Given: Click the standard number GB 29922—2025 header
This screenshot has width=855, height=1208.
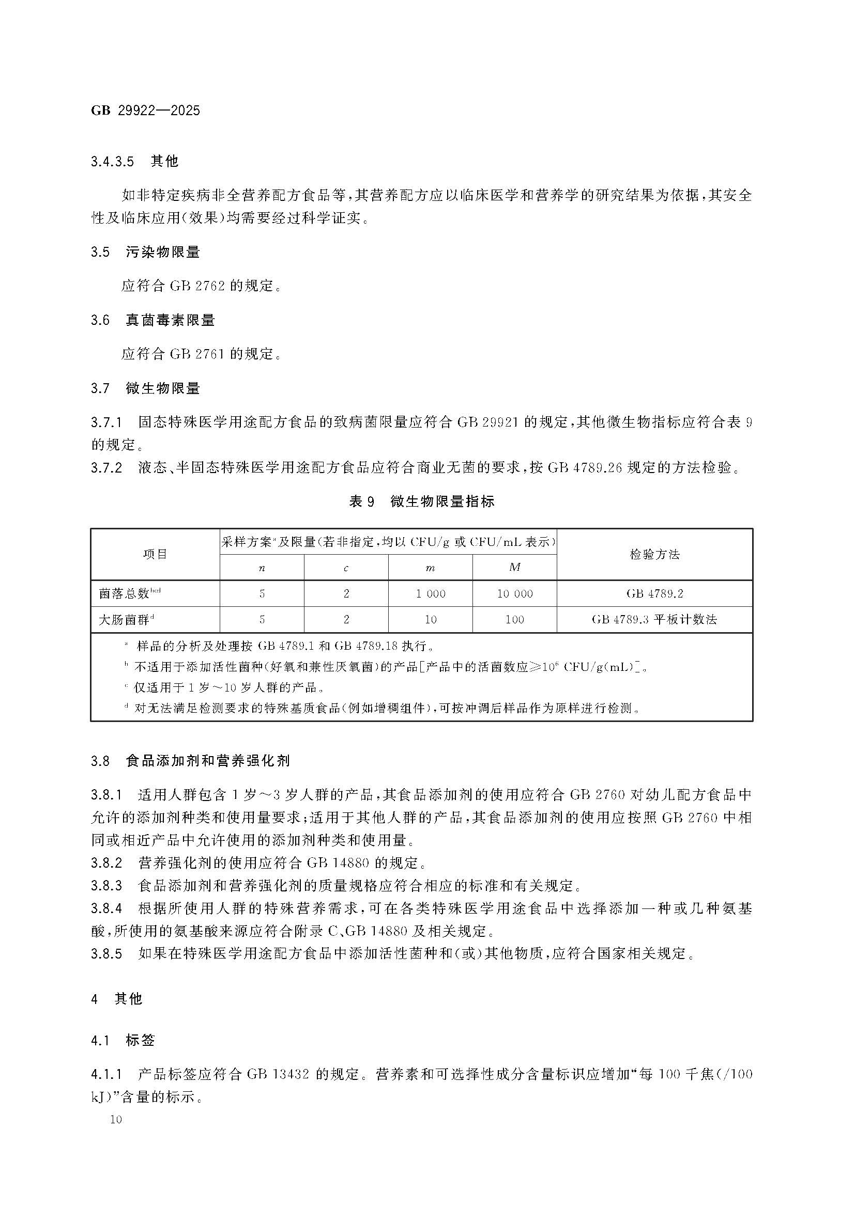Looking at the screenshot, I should [145, 111].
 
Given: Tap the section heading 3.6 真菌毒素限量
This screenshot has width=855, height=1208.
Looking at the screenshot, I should [152, 320].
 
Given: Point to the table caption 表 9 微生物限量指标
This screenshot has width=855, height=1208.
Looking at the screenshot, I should [422, 501].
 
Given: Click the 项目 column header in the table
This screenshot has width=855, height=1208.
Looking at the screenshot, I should [155, 554].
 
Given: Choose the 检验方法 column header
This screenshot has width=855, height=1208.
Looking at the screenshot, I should [654, 554].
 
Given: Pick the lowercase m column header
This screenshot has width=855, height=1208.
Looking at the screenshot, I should [430, 568].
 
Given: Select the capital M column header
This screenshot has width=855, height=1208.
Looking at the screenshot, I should [514, 567].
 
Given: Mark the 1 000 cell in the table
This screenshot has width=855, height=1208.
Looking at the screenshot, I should [430, 593].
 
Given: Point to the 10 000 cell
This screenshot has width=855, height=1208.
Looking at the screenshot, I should [514, 593].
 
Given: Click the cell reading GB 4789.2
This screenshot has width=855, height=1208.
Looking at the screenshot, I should [654, 593].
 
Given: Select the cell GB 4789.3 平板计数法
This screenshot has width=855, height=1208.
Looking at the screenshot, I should [654, 619].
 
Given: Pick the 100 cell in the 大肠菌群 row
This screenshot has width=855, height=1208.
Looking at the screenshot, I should [514, 619].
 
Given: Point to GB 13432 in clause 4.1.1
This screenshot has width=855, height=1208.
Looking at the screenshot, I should [277, 1074].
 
